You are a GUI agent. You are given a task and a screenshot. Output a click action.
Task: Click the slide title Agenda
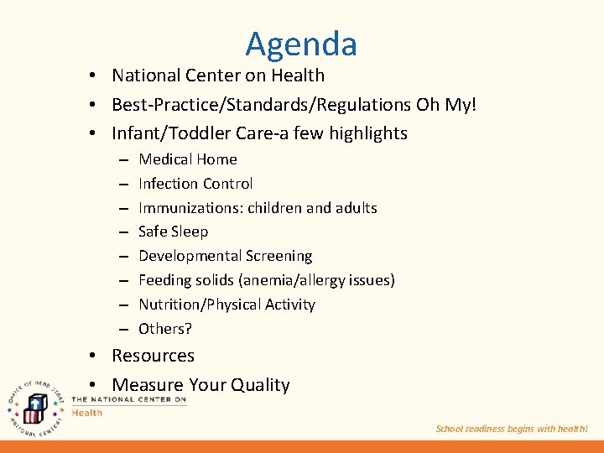pos(301,44)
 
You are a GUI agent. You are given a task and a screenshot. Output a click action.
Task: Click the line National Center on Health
pos(218,75)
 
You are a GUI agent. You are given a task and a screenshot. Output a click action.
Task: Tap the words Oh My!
pos(450,104)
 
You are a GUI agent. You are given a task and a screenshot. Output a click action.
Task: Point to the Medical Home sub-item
pos(187,159)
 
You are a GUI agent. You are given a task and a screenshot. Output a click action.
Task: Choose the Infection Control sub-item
pos(195,184)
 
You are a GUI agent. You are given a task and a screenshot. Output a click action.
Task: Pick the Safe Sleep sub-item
pos(173,232)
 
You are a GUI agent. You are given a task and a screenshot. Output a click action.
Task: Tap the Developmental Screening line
pos(225,256)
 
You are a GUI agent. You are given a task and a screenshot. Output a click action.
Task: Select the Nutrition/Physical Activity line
pos(226,305)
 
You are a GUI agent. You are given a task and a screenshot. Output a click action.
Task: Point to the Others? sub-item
pos(165,329)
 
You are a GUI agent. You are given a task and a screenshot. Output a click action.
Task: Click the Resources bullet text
pos(153,356)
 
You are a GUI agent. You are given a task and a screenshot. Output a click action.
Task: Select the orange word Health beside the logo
pos(87,413)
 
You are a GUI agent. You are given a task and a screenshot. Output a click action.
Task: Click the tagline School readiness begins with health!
pos(512,429)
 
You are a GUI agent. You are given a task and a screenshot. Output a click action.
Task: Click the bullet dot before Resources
pos(96,357)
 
